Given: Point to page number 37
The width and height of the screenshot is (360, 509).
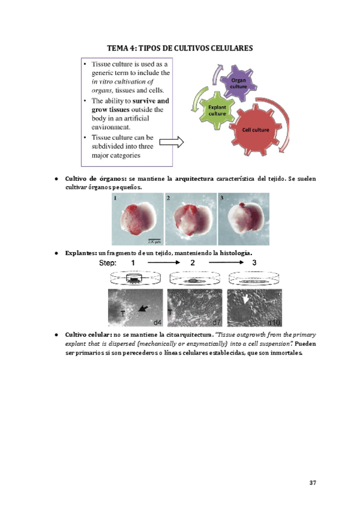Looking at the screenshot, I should point(313,483).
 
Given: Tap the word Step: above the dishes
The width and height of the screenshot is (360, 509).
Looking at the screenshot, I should point(112,264).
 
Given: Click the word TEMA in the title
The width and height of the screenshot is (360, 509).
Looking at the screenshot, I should point(119,47).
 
